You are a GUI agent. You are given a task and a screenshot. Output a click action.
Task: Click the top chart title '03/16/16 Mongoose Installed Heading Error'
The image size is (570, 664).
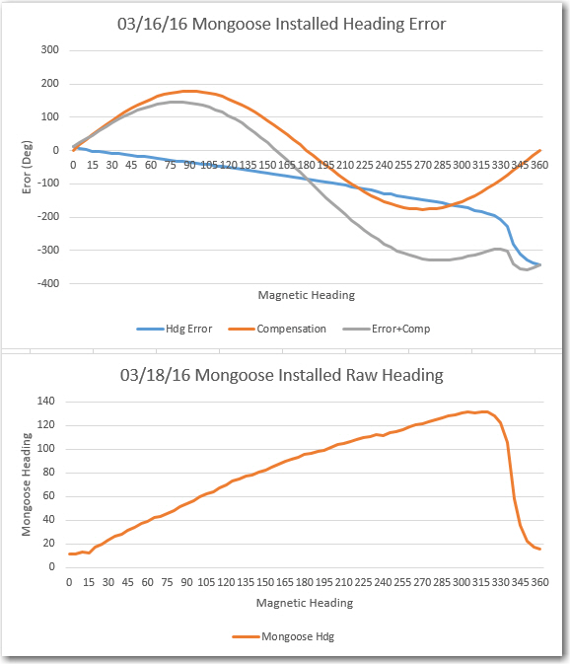(281, 24)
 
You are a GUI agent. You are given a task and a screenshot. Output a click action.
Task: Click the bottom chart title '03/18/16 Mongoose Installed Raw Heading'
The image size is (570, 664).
(281, 375)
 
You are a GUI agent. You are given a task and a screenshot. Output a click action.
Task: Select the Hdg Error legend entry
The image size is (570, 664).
(175, 329)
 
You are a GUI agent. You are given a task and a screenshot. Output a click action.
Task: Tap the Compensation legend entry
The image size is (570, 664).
(277, 329)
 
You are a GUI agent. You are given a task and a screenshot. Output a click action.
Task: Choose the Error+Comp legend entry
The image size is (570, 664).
(387, 329)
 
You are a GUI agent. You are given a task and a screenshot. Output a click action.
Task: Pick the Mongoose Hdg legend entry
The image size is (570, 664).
(283, 636)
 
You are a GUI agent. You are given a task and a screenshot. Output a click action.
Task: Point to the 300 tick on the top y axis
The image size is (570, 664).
(50, 50)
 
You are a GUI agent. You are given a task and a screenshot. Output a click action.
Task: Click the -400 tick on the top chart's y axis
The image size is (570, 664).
(47, 284)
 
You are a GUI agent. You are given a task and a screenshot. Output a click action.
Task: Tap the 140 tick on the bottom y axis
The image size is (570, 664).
(46, 401)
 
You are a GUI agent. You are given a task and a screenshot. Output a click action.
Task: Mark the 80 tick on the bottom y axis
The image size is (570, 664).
(48, 473)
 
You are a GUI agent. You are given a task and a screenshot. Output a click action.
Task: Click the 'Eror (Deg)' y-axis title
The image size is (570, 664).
(27, 167)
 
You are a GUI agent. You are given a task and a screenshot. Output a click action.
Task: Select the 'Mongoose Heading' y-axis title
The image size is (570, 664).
(27, 484)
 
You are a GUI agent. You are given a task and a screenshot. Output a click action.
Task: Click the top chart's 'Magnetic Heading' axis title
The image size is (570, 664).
(307, 295)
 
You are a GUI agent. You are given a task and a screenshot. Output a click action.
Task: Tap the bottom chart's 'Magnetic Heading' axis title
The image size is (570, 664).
(305, 603)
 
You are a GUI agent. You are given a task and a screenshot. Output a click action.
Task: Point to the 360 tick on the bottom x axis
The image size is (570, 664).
(540, 583)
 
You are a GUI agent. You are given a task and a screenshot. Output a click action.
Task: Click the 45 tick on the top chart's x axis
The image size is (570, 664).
(131, 165)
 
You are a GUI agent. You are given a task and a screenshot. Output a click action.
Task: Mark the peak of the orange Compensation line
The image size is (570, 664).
(189, 91)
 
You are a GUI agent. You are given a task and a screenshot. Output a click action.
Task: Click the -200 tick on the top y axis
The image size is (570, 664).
(47, 217)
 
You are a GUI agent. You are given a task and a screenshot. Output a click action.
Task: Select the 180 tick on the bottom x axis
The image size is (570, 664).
(305, 583)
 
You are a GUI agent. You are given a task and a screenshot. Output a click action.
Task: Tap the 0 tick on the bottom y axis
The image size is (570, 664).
(51, 567)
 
